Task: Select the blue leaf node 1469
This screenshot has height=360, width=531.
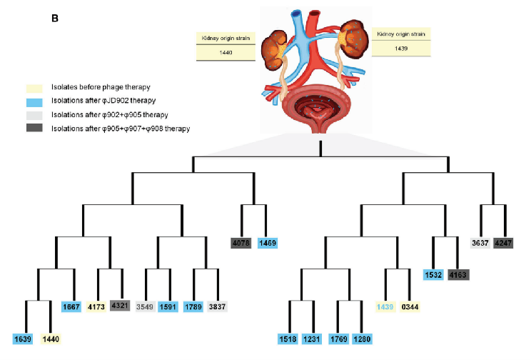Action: (x=266, y=244)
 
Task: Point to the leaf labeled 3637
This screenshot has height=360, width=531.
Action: (x=482, y=244)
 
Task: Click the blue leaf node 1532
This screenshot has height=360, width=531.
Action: (x=433, y=274)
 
